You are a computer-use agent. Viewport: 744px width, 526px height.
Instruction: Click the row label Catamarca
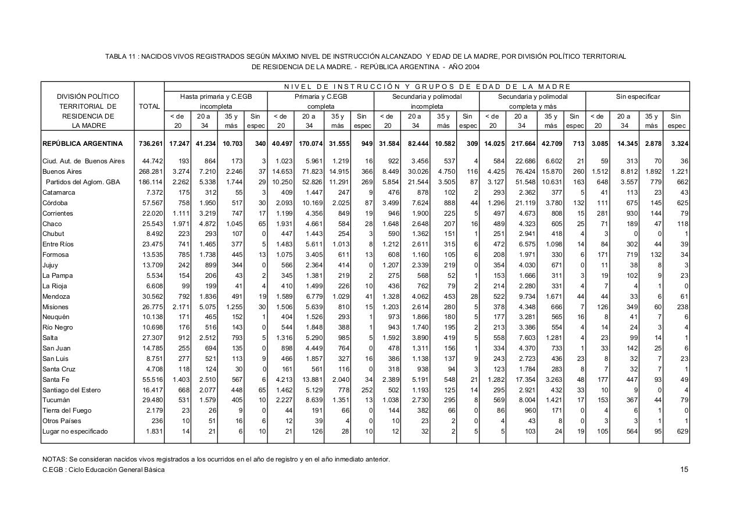(59, 192)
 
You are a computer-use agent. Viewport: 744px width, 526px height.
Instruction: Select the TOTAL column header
(149, 106)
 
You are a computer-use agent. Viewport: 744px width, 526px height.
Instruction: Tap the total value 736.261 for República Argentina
(149, 144)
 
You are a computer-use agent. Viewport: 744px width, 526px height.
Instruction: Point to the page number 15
(685, 470)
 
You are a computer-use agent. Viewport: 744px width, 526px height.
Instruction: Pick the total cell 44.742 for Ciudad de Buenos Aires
(151, 161)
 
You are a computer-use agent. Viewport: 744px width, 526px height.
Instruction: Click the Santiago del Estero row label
(71, 389)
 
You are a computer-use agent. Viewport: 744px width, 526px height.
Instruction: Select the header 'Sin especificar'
(638, 96)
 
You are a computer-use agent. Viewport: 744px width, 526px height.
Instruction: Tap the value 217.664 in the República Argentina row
(521, 144)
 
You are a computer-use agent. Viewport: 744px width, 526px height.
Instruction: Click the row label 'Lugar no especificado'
(75, 431)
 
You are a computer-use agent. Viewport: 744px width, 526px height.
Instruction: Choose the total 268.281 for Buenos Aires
(149, 171)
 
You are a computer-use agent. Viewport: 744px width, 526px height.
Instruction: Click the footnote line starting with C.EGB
(103, 470)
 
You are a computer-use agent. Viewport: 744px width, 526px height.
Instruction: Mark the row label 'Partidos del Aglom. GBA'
(83, 182)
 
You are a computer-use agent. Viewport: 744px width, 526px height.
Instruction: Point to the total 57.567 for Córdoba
(151, 203)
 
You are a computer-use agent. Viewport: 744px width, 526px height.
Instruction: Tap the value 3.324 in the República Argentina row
(677, 144)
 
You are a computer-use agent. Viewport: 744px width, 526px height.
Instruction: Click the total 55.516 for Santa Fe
(151, 379)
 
